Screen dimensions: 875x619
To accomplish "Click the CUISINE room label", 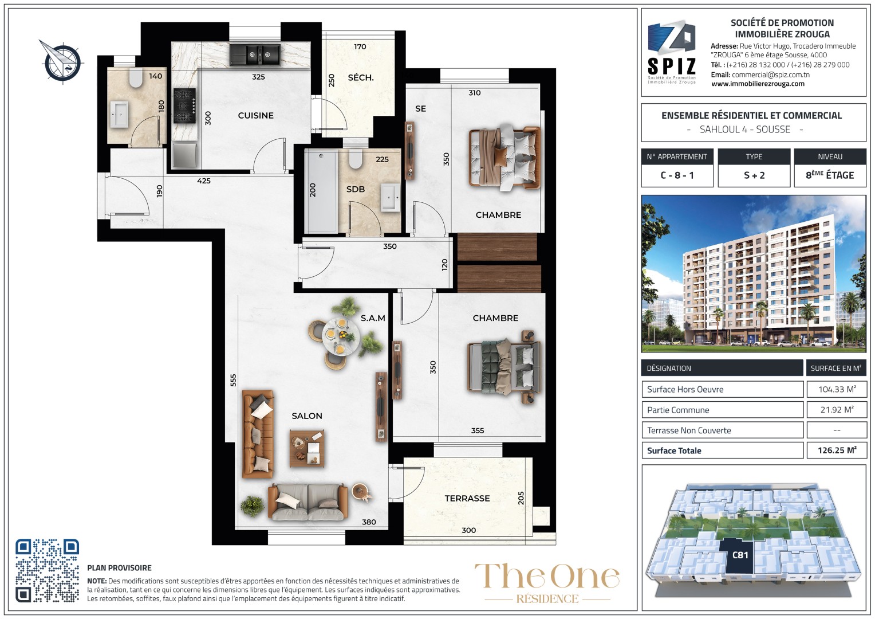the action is pos(256,115).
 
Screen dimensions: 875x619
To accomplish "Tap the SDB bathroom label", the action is pos(356,189).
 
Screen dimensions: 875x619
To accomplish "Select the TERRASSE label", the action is pos(467,498).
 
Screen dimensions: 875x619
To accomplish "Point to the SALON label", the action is pos(307,416).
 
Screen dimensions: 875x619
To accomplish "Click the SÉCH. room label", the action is pos(361,77).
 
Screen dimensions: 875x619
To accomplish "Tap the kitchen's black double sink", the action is pos(255,55).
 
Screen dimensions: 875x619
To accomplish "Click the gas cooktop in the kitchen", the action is pos(184,105).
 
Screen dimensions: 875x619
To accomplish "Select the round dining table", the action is pos(340,336).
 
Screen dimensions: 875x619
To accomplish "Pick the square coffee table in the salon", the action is pos(306,449).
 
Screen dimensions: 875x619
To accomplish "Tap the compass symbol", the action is pos(62,62).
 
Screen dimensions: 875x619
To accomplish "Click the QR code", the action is pos(48,570).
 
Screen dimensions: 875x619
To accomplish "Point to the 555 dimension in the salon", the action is pos(233,380).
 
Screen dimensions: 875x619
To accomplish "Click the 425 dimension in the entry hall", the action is pos(204,181).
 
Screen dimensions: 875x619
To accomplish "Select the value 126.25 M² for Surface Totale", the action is pos(837,450).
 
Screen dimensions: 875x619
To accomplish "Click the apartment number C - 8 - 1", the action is pos(677,175).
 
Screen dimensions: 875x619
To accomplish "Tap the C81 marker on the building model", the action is pos(740,555).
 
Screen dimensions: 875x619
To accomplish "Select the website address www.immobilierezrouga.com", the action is pos(758,84).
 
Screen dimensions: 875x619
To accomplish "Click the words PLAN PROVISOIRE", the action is pos(119,568).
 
